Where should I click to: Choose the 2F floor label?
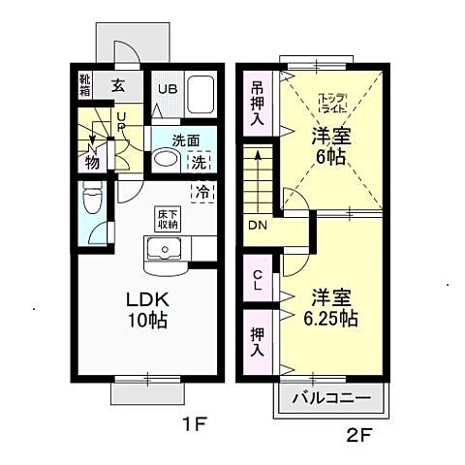(358, 435)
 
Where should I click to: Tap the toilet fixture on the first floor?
(93, 201)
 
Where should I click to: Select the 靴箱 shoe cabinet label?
(85, 85)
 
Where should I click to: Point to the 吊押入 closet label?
(258, 103)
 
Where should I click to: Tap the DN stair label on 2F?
(258, 225)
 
